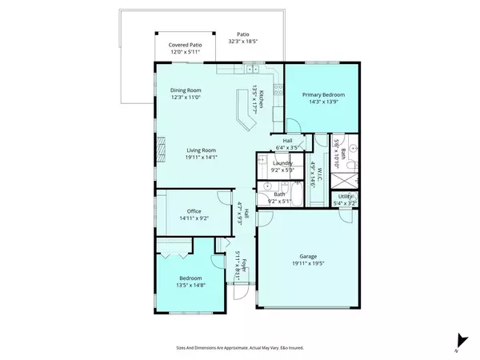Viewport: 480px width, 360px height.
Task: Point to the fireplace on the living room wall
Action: [160, 149]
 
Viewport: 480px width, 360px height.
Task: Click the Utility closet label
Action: [345, 196]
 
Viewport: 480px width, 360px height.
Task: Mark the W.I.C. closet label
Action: [317, 174]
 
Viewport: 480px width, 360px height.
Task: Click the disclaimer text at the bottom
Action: [239, 348]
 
